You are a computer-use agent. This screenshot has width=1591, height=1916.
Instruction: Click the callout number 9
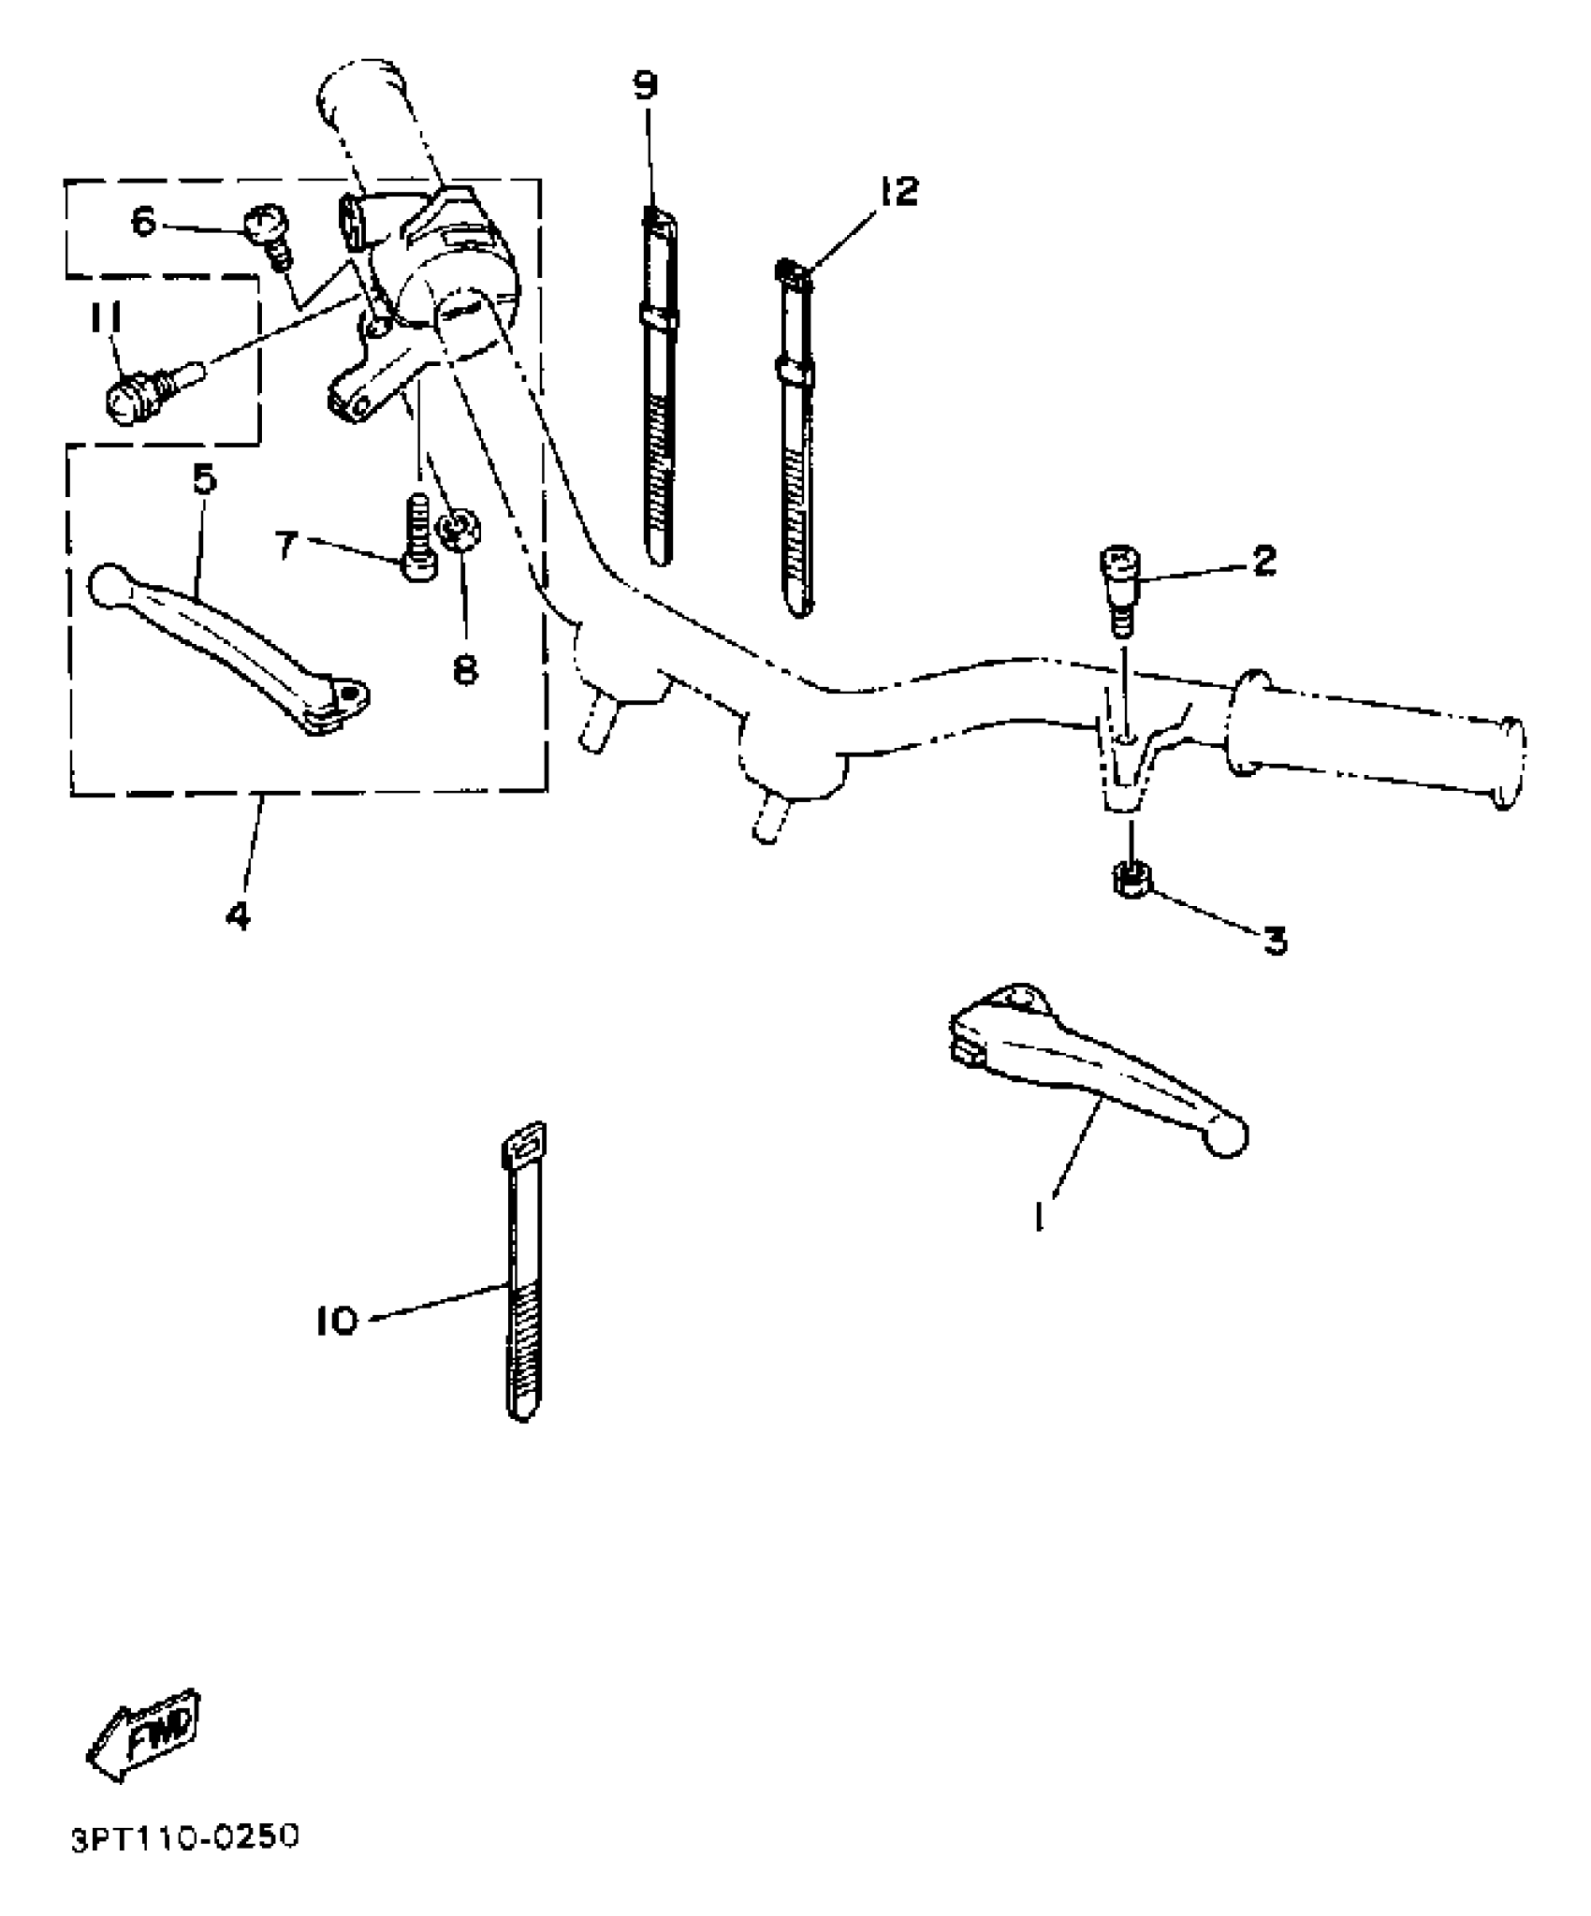click(646, 85)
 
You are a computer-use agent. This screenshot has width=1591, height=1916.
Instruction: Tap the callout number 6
click(142, 222)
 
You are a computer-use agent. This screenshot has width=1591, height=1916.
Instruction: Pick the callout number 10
click(336, 1321)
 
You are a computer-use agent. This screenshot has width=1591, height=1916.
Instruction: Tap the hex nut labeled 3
click(1131, 881)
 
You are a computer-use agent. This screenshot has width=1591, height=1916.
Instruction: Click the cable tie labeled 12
click(794, 440)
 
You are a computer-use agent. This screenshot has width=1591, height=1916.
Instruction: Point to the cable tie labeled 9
click(659, 393)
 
